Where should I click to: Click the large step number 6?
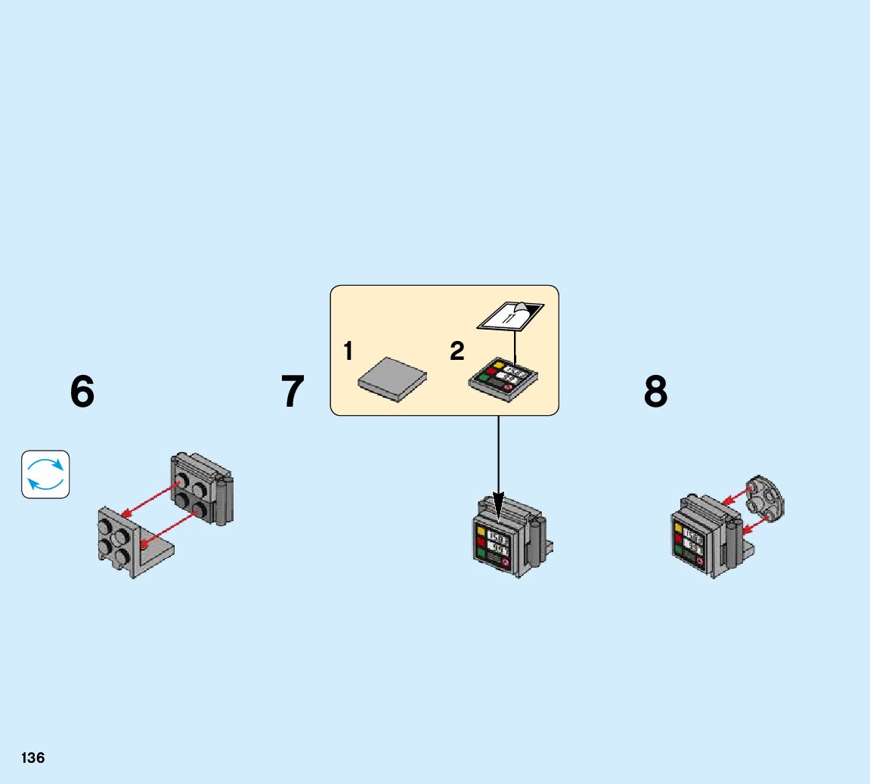[x=82, y=392]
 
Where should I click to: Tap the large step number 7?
[x=293, y=392]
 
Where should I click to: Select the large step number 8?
[x=655, y=392]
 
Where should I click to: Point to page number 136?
[x=33, y=758]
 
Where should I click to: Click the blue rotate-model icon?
[x=45, y=475]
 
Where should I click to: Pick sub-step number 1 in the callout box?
[x=348, y=352]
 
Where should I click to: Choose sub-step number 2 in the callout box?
[x=457, y=352]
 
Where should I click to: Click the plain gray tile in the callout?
[x=392, y=377]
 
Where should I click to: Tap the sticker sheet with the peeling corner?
[x=510, y=315]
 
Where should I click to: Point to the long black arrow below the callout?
[x=498, y=461]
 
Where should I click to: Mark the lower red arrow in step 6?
[x=171, y=526]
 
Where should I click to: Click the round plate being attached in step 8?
[x=765, y=500]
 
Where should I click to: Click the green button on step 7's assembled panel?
[x=481, y=553]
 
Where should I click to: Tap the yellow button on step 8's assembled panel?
[x=678, y=529]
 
